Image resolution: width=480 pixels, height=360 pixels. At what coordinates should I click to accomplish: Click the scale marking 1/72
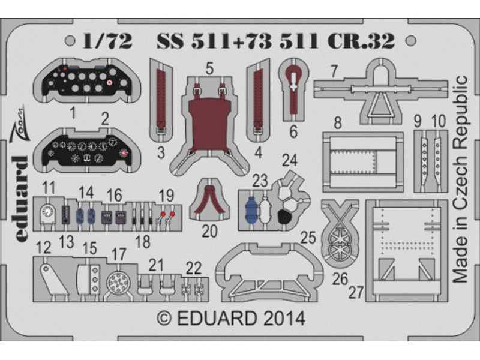107,41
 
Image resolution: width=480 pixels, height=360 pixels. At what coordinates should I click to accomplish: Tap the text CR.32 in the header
363,41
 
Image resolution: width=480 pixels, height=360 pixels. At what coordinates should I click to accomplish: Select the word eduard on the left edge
21,199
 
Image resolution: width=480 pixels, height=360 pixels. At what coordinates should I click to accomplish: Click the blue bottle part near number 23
252,209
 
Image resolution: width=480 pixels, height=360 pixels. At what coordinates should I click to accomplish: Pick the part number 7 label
334,71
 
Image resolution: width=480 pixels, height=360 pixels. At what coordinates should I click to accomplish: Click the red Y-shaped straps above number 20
209,200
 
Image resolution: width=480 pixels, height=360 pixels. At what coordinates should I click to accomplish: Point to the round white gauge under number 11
47,212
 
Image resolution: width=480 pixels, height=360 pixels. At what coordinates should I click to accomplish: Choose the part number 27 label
356,292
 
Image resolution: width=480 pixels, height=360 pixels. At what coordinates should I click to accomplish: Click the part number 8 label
337,123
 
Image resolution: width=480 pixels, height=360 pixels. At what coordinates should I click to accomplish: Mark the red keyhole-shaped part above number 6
293,89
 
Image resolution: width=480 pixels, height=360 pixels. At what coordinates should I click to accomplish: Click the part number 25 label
308,237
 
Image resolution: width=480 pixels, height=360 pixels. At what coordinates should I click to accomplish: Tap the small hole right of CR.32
412,40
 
